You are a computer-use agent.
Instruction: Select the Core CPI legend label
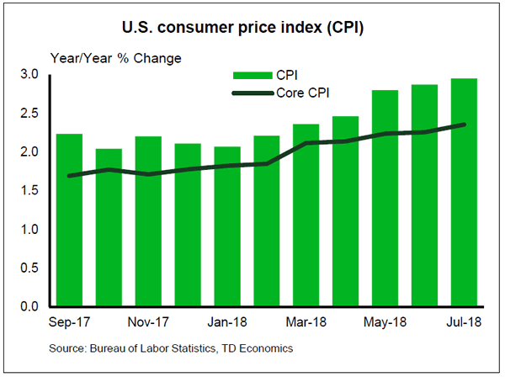pos(301,93)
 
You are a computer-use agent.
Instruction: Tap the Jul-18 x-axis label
pos(465,324)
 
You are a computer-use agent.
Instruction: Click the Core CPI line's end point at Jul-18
pos(465,125)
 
